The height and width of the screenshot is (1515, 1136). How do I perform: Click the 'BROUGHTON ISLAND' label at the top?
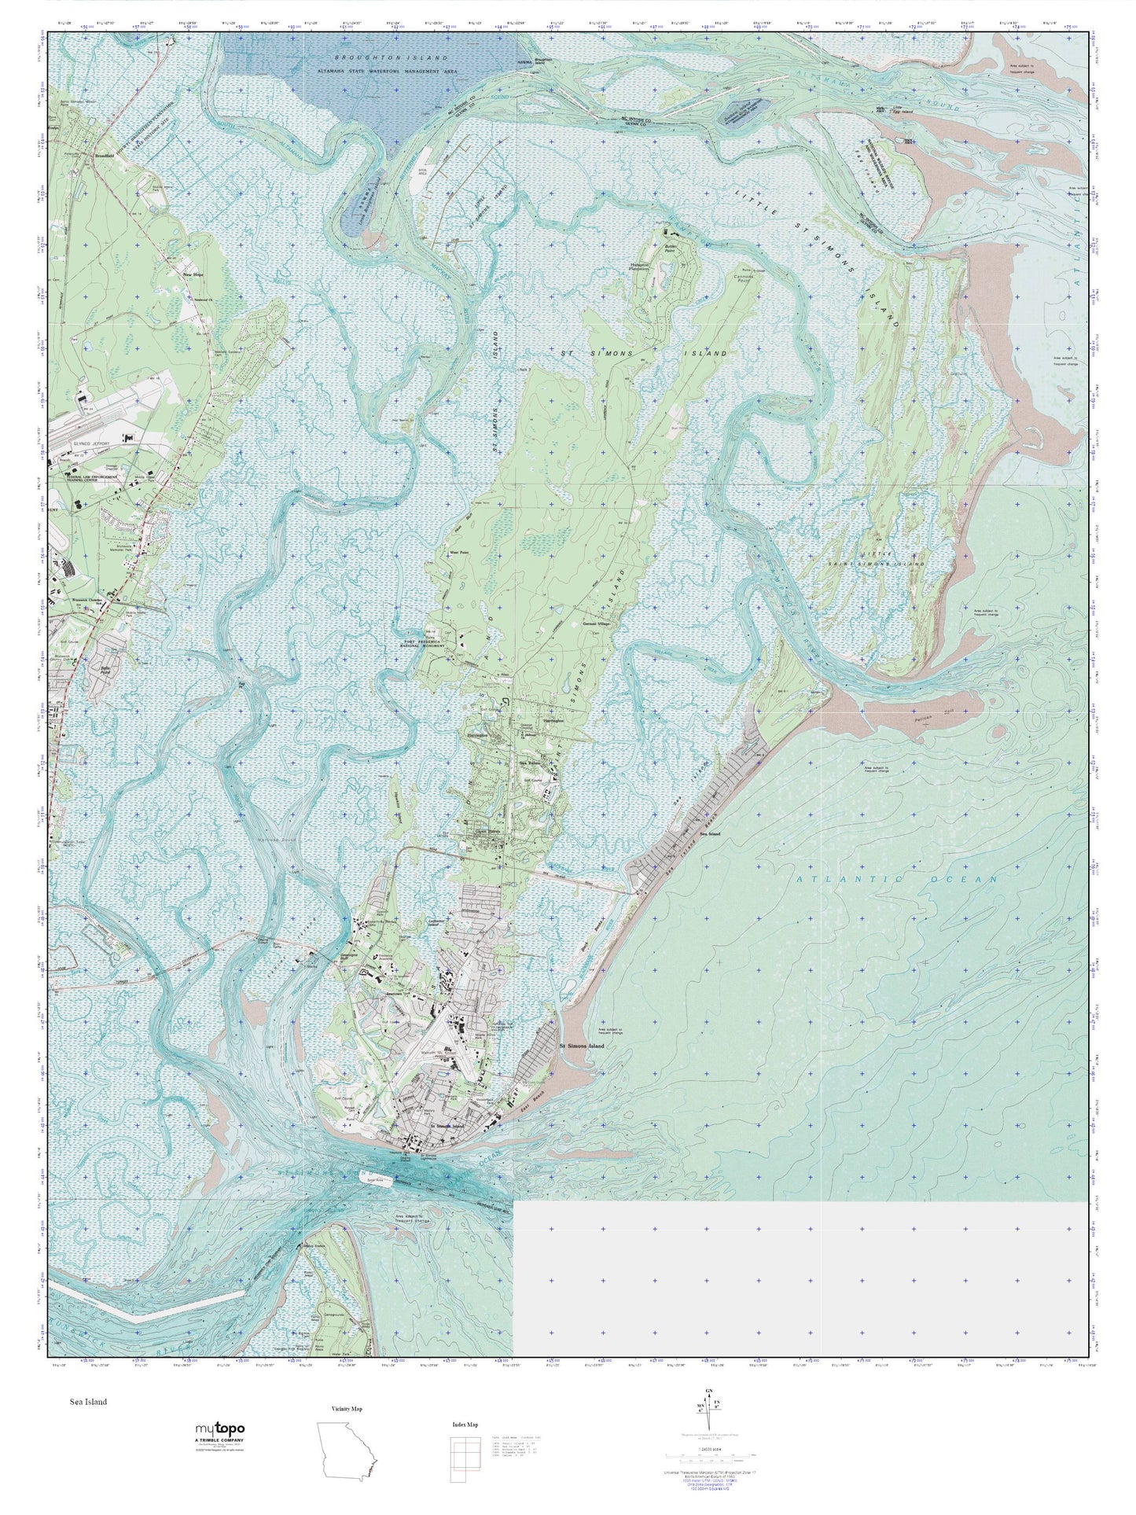[x=390, y=57]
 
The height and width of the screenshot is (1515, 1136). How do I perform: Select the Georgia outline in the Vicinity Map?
[x=346, y=1445]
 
